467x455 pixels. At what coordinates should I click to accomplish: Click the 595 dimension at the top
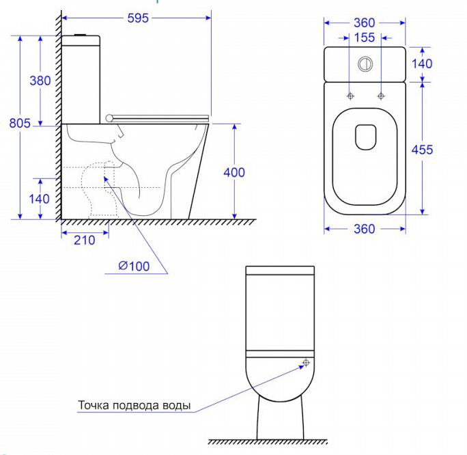point(138,18)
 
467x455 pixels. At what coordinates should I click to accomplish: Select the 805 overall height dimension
point(20,123)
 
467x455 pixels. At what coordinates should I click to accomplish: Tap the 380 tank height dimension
point(40,81)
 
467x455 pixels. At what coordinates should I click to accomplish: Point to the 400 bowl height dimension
point(234,172)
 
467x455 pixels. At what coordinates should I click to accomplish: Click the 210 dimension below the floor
point(85,240)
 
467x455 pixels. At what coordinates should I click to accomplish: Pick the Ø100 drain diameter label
point(134,266)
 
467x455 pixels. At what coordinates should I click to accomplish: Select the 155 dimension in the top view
point(365,38)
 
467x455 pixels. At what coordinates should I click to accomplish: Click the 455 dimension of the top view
point(422,150)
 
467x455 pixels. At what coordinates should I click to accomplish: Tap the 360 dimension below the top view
point(365,229)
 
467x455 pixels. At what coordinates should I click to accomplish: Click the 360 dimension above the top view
point(365,23)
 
